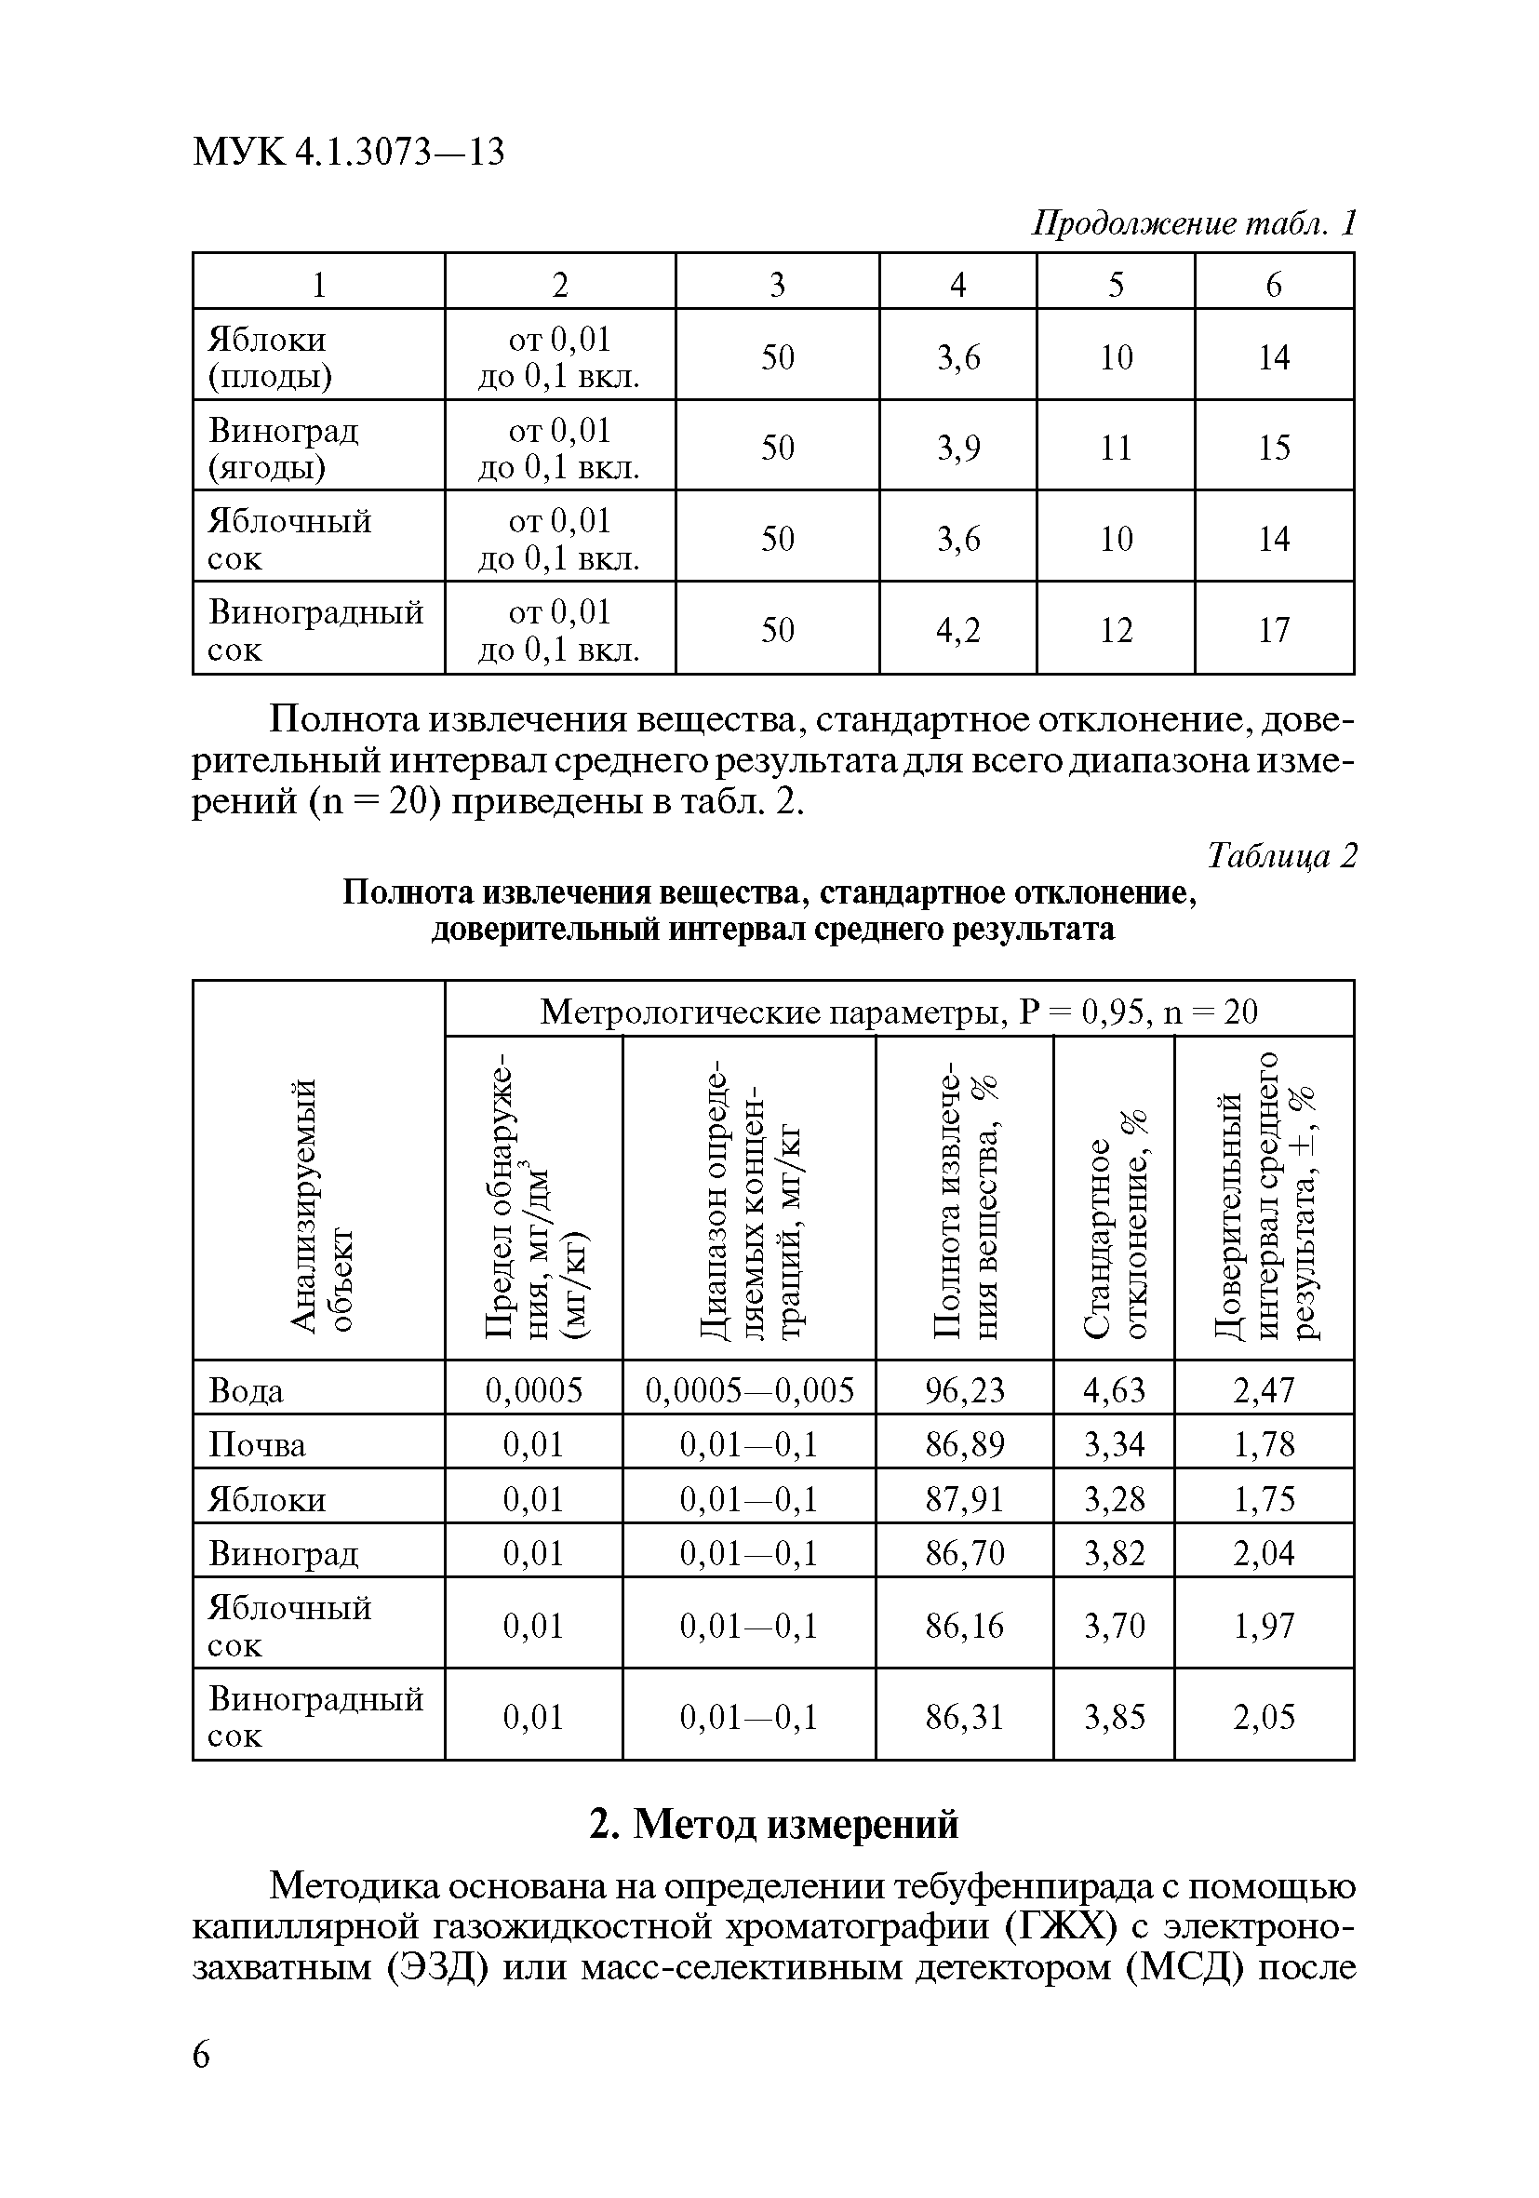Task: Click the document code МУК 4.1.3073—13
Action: click(348, 152)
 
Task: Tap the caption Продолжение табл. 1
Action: click(1194, 223)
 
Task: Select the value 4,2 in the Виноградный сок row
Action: click(958, 630)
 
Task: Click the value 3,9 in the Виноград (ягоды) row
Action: click(958, 448)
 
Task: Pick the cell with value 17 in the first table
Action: click(1273, 630)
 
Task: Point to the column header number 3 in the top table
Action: click(777, 285)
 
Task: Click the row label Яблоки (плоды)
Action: click(270, 357)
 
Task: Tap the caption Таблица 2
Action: click(1281, 855)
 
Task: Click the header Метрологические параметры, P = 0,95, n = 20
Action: click(899, 1011)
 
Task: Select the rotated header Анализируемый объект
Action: click(322, 1205)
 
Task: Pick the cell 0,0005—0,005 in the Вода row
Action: click(749, 1390)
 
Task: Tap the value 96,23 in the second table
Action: click(965, 1390)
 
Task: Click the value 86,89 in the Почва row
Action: click(965, 1444)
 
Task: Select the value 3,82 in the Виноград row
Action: click(1114, 1553)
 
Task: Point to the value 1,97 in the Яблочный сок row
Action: click(1264, 1626)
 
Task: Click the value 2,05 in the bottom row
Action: click(1264, 1717)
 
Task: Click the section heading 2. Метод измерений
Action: click(773, 1825)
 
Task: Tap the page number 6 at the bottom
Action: click(201, 2056)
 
